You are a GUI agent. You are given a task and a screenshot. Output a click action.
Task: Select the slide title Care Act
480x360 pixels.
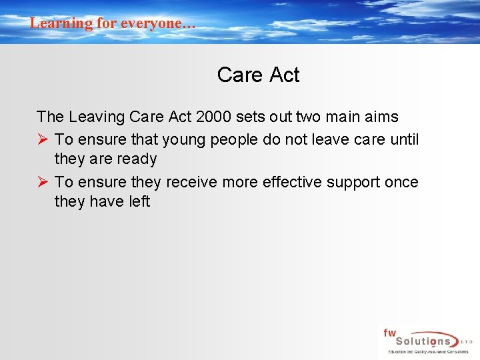point(258,75)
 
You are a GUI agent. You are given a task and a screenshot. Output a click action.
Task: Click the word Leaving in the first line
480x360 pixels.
point(96,117)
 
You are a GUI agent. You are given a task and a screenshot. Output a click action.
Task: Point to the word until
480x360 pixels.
point(404,139)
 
